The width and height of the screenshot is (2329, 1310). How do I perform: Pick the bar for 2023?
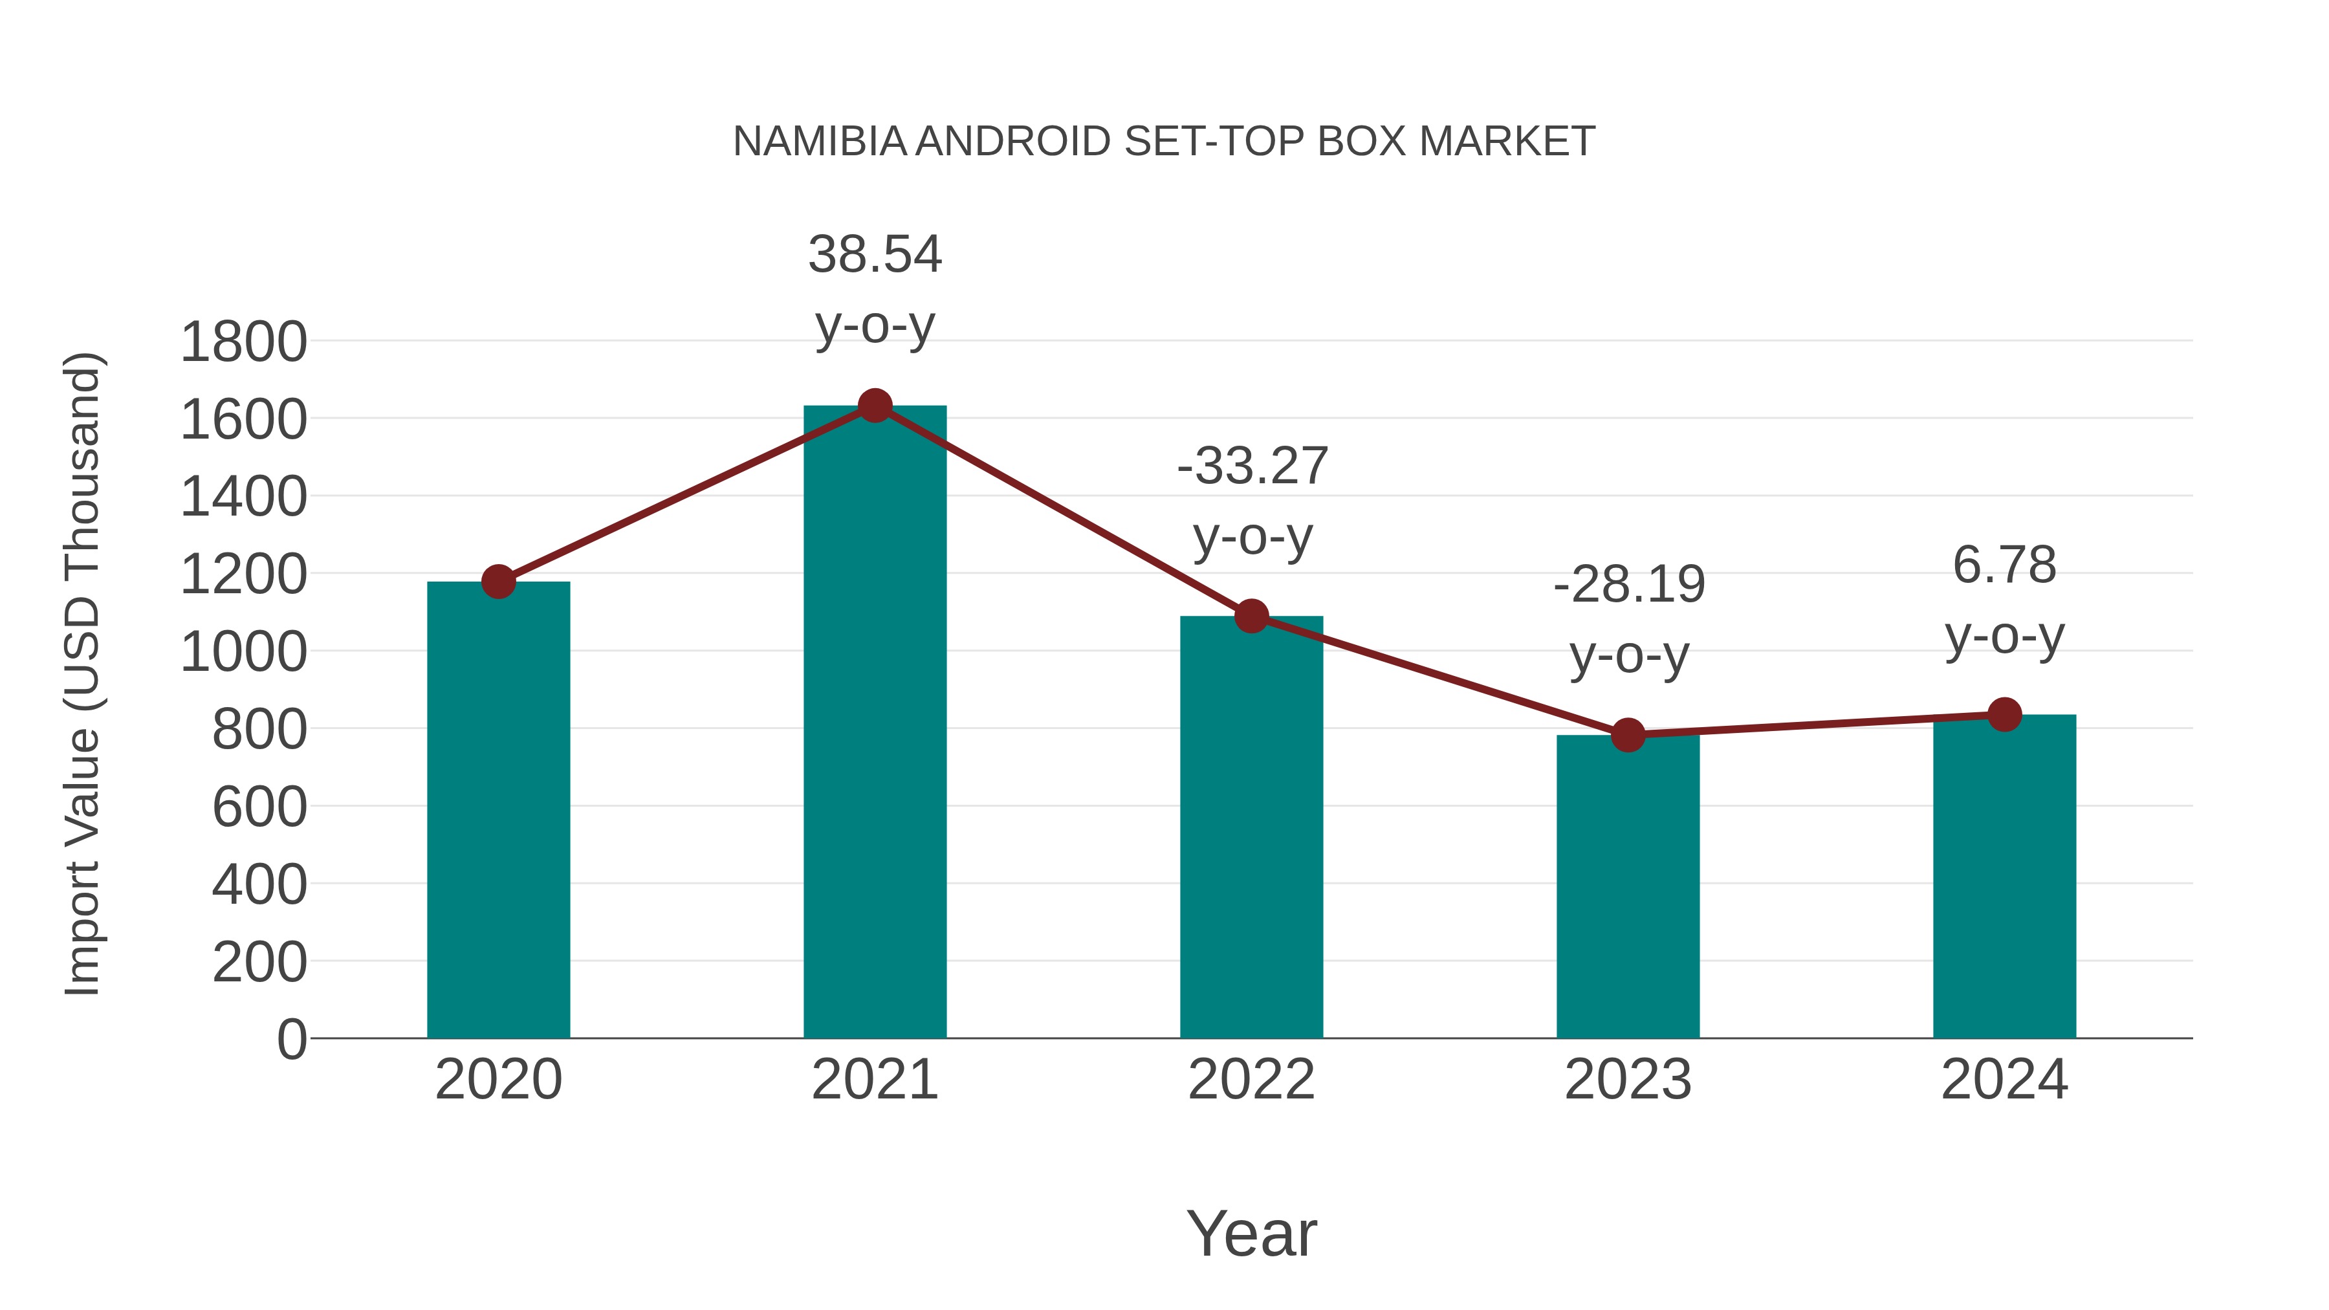point(1628,886)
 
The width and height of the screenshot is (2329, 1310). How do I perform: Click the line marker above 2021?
point(874,406)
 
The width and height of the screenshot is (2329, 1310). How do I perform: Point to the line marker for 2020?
point(498,582)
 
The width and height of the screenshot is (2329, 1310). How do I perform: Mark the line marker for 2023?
point(1628,735)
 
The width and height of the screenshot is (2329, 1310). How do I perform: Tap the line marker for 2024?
point(2004,714)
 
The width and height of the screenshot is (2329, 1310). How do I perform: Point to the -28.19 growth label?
point(1628,618)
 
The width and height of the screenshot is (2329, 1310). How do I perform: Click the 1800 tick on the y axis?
point(243,343)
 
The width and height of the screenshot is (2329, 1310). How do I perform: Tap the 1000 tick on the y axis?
point(243,652)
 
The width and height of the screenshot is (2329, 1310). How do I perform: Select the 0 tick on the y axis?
point(291,1039)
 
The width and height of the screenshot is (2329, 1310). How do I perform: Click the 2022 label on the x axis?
point(1251,1080)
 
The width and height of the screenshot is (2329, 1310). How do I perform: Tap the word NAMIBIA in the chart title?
point(819,142)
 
